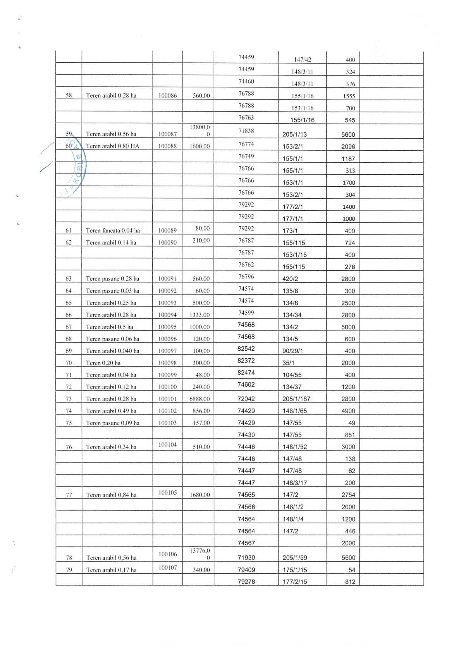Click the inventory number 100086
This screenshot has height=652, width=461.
167,95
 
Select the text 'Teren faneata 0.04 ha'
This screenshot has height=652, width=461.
113,231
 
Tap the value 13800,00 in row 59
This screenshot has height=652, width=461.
200,131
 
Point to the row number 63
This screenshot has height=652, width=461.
69,279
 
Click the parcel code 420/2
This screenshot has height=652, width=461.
290,279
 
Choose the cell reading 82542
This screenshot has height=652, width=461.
246,349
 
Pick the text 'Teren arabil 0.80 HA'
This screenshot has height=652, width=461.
112,146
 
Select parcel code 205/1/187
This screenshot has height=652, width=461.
296,399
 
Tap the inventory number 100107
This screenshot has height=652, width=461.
167,568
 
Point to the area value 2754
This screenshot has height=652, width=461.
348,495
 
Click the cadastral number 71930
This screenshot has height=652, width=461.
246,558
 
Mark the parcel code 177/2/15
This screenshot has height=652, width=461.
295,582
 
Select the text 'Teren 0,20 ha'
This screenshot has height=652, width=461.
103,363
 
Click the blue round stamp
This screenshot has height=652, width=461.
76,167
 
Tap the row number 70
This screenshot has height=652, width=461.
69,363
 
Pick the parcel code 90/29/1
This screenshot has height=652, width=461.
293,351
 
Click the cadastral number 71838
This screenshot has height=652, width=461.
246,131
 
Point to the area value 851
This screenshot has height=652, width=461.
350,435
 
